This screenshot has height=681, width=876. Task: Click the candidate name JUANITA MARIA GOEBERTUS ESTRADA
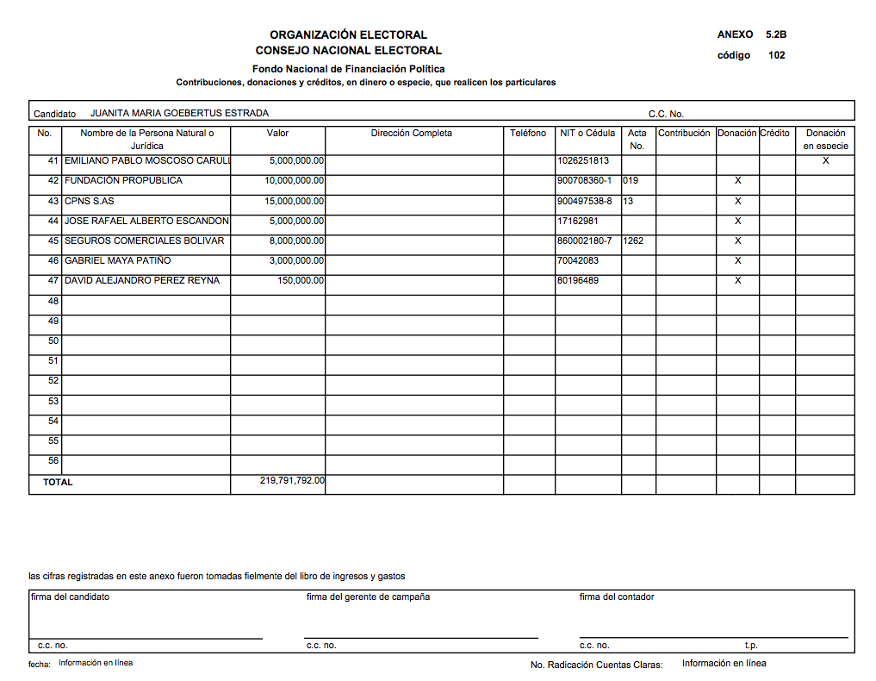click(179, 113)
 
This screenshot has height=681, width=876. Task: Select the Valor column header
click(277, 134)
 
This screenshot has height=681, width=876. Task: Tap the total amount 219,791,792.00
click(292, 481)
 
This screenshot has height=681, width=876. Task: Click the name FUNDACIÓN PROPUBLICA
click(123, 181)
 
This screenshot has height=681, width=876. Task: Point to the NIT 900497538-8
click(585, 201)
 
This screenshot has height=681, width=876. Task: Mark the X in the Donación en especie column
click(825, 160)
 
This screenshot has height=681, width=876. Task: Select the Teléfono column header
click(528, 134)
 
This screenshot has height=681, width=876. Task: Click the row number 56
click(53, 461)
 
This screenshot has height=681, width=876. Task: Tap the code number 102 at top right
click(777, 55)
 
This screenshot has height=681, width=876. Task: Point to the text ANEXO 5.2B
click(751, 35)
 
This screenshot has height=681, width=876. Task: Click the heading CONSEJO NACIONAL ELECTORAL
click(348, 51)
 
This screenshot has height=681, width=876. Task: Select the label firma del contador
click(617, 597)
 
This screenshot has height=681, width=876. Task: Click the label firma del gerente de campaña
click(368, 597)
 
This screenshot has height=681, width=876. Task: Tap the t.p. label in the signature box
click(751, 645)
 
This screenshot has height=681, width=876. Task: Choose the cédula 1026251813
click(583, 161)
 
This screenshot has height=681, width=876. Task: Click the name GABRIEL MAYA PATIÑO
click(118, 261)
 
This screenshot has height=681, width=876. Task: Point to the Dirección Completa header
click(412, 134)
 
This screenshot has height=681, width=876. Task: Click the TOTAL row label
click(58, 483)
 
